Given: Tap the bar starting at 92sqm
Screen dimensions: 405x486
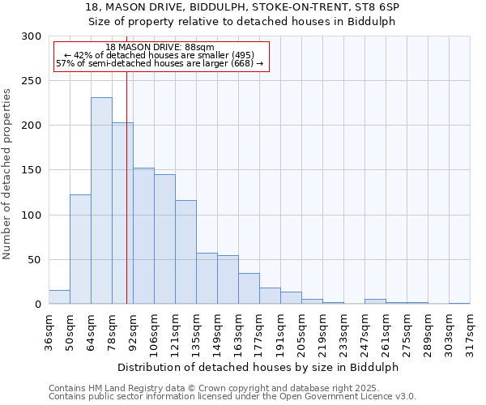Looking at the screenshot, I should [x=143, y=236].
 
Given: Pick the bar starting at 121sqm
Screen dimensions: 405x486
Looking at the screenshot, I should [x=185, y=252].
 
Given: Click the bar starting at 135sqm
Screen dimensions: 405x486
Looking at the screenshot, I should [x=207, y=279].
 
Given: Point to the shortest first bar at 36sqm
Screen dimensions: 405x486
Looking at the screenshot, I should [x=59, y=297].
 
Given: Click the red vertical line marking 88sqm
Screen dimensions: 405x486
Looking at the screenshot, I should [x=126, y=202].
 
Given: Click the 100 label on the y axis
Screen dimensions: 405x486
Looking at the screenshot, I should [x=33, y=215].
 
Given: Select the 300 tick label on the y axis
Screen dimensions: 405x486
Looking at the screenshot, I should [x=33, y=36].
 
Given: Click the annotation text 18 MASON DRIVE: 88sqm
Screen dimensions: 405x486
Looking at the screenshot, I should [x=160, y=48].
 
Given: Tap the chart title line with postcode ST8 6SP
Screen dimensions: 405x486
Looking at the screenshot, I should [x=242, y=7].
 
